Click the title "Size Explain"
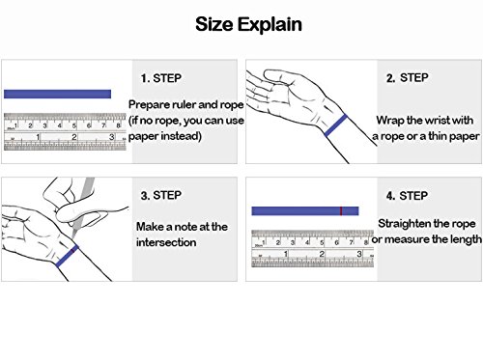248,25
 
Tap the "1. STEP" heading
161,78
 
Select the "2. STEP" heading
407,78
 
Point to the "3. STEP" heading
161,195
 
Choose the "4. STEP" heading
407,196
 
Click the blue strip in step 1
57,94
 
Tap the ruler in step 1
65,131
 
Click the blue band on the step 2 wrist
336,125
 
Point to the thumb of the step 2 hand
278,77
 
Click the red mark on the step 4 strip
341,211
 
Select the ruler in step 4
312,248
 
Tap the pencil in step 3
83,208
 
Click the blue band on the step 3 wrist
67,256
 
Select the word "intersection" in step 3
166,242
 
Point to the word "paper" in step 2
465,137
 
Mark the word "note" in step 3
185,227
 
